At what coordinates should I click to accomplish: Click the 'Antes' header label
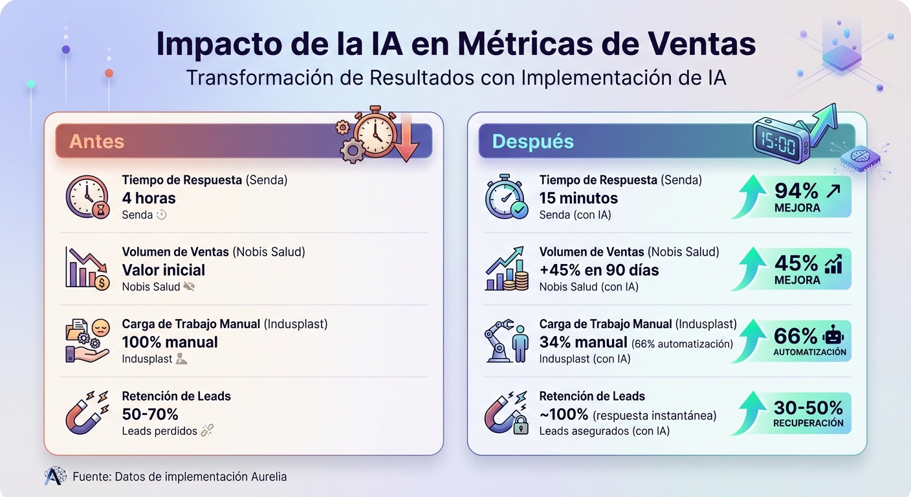(96, 141)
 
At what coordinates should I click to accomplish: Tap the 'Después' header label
(532, 141)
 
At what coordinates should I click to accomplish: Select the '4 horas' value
(149, 198)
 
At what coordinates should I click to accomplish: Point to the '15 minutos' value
(578, 198)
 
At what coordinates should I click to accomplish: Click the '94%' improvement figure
(796, 190)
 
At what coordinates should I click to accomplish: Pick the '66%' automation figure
(796, 335)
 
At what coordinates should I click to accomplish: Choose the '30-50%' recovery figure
(808, 408)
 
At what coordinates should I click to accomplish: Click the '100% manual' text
(170, 342)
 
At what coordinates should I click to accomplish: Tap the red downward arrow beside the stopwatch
(407, 137)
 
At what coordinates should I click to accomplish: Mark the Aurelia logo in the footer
(55, 476)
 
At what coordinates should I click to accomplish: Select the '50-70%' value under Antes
(150, 414)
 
